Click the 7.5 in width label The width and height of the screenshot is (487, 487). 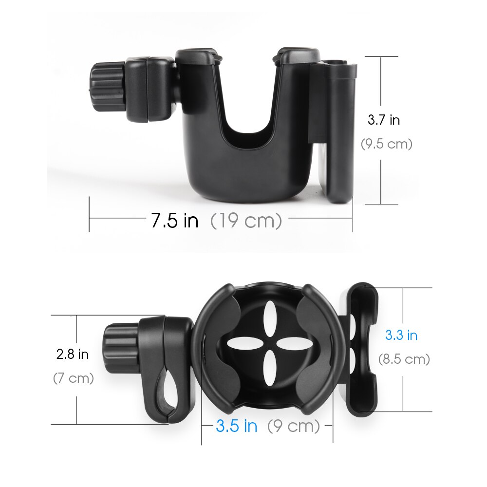(174, 221)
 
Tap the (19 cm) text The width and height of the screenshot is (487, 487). (246, 221)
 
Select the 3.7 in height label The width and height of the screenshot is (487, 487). (383, 120)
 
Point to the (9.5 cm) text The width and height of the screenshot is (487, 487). (386, 144)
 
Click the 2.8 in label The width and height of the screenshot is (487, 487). (73, 354)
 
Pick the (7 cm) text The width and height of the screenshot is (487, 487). (73, 378)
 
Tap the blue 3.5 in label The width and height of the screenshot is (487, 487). (236, 427)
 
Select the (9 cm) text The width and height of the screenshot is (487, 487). (294, 427)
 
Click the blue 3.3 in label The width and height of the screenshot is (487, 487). (401, 335)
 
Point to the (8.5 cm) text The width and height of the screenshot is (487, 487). (404, 359)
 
